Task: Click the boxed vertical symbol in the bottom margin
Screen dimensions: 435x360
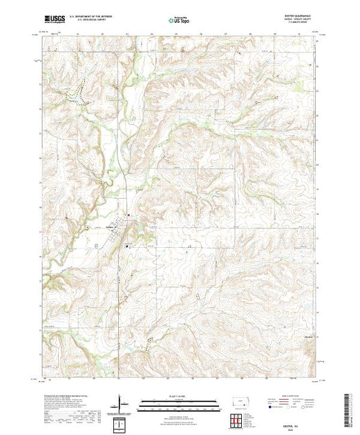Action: [x=122, y=423]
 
